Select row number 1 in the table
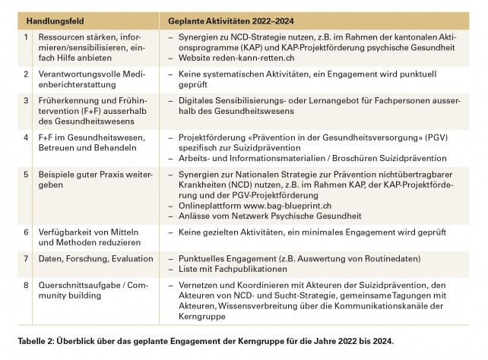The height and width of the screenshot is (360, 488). click(27, 36)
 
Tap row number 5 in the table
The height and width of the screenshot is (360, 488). click(27, 175)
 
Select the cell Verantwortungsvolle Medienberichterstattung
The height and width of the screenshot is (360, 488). click(83, 80)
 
